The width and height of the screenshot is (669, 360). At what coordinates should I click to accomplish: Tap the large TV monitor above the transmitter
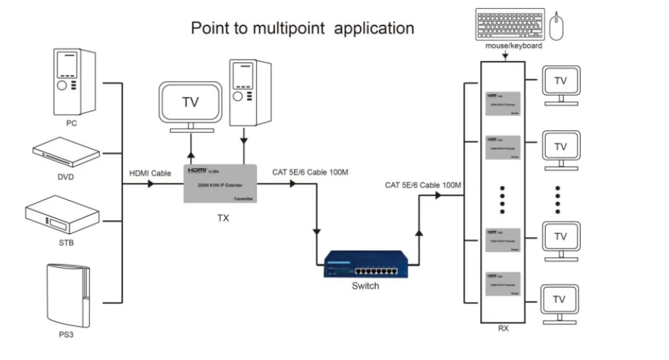click(x=189, y=102)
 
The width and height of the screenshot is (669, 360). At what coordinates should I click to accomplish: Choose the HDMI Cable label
click(x=150, y=173)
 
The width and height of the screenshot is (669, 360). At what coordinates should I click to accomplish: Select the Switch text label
click(x=365, y=286)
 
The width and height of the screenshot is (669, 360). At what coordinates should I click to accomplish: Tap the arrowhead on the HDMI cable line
click(x=150, y=184)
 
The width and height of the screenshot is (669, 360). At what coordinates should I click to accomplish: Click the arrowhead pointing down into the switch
click(x=317, y=233)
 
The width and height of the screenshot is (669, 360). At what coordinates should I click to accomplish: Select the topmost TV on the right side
click(x=560, y=83)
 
